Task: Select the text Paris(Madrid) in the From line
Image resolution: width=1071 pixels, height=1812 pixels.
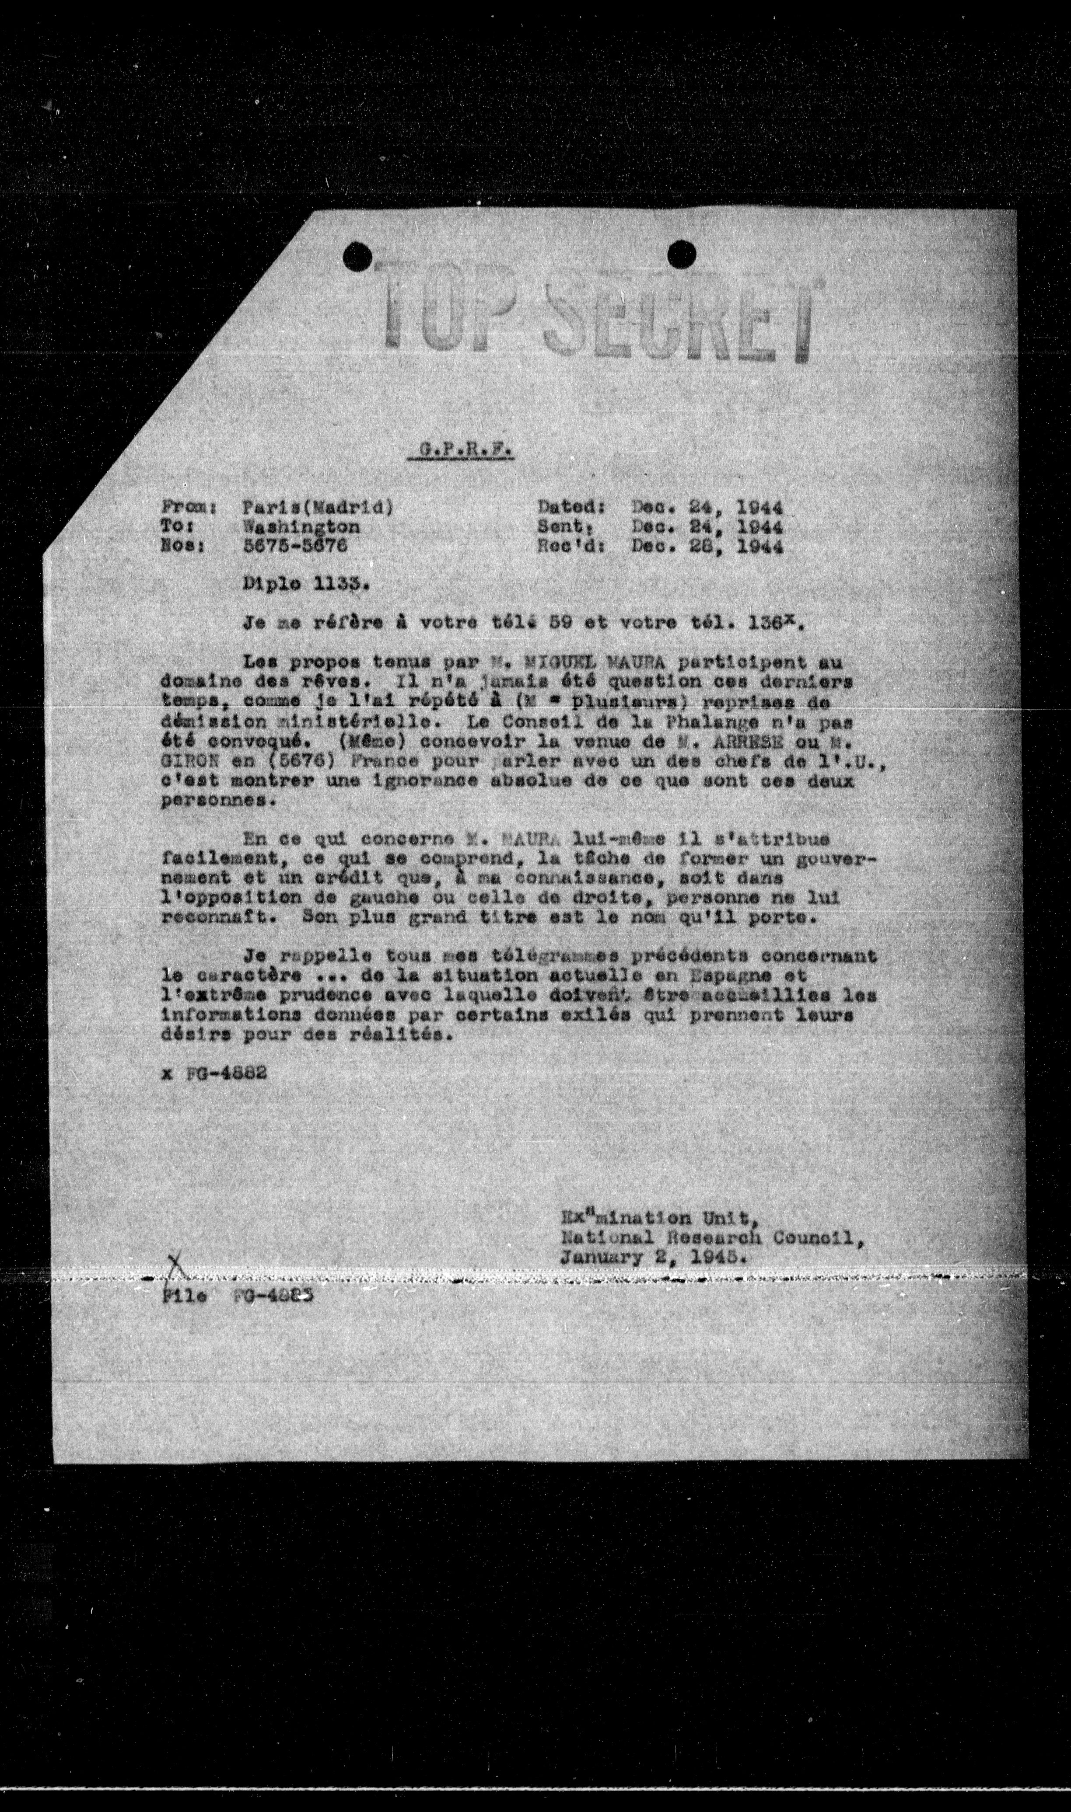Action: [318, 507]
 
